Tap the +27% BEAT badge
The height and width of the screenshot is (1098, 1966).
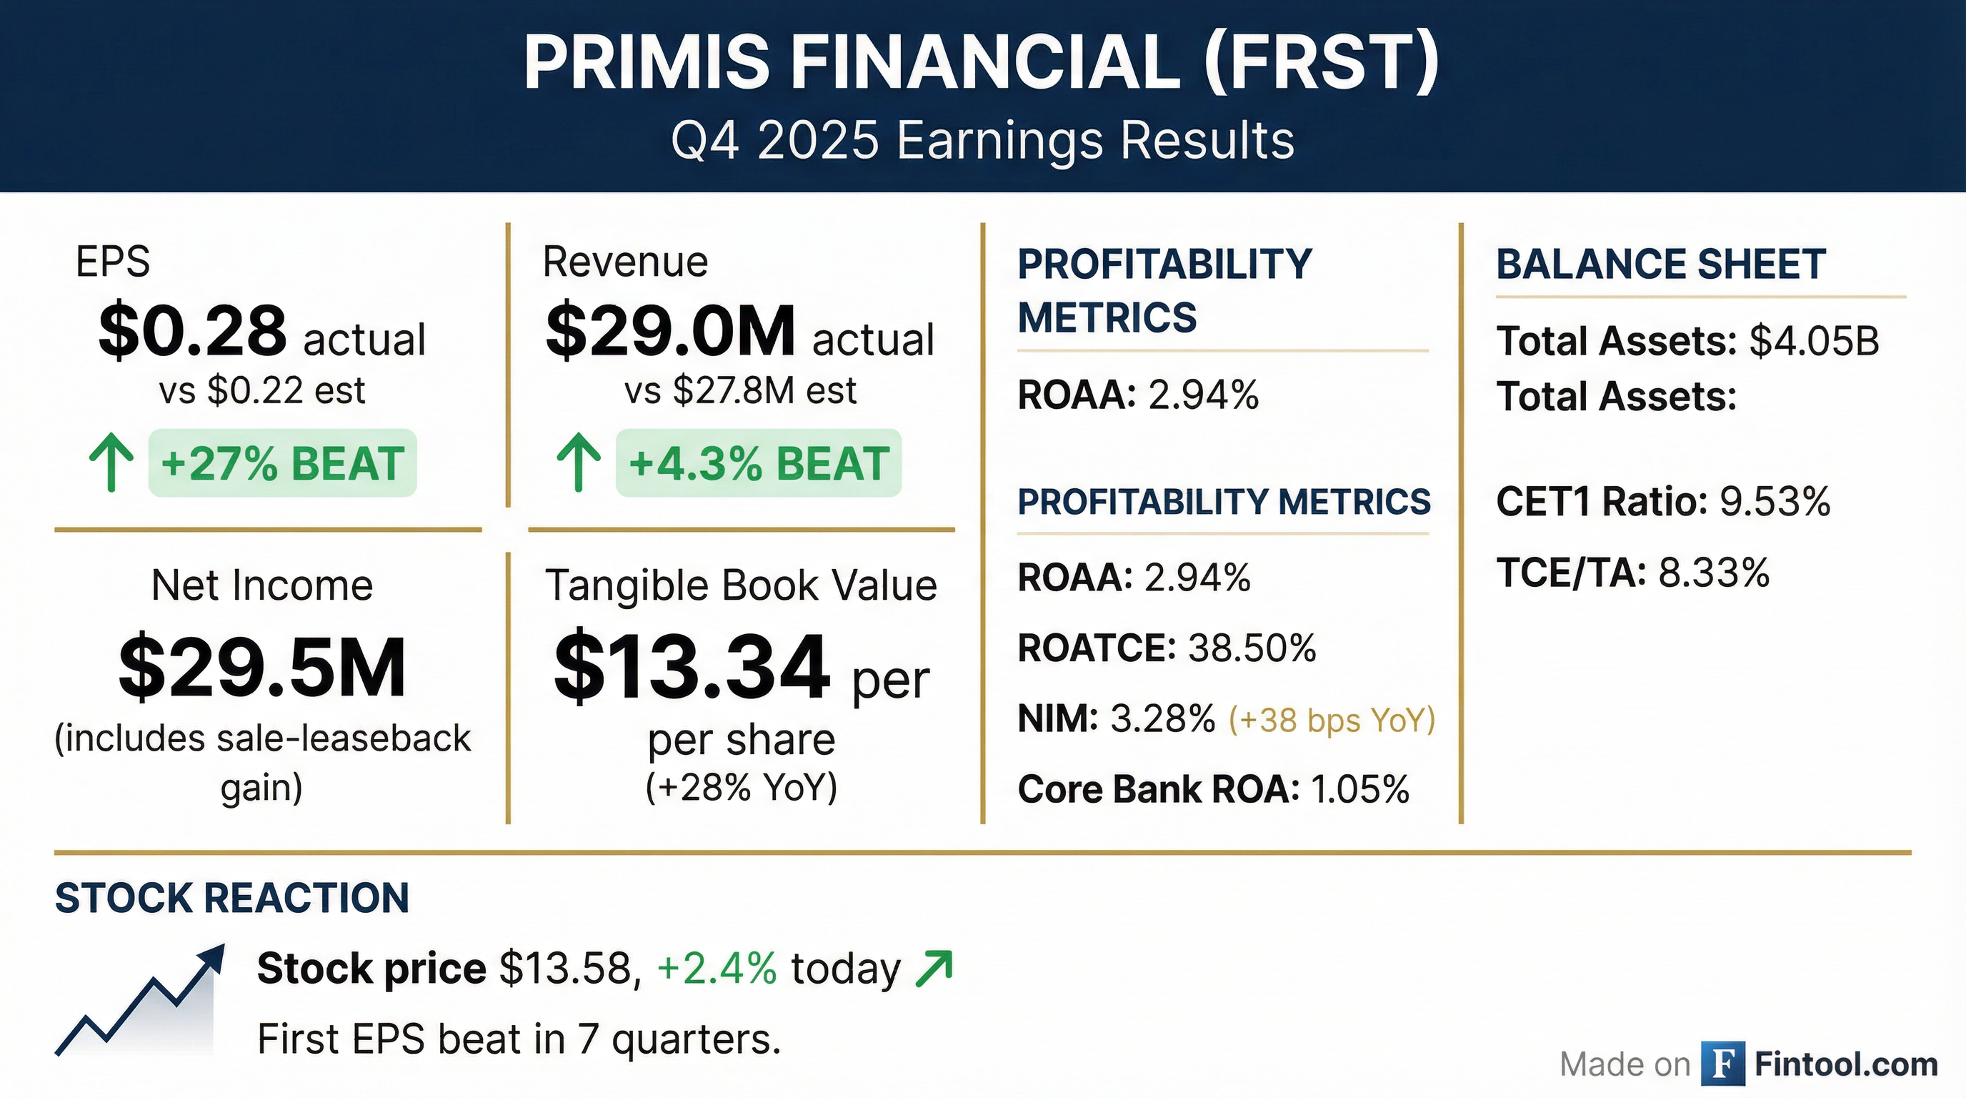coord(282,463)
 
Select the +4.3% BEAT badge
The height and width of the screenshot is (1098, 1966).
coord(758,463)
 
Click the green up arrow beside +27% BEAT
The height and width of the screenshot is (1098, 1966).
coord(111,462)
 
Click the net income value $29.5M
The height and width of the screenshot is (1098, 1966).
coord(261,668)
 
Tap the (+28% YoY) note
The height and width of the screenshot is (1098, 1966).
coord(741,787)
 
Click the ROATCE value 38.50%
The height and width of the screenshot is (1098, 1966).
coord(1252,648)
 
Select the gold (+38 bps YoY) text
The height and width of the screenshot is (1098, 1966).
coord(1332,719)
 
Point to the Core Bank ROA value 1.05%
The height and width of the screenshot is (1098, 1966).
coord(1359,789)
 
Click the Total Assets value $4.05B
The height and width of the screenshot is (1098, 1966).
coord(1813,341)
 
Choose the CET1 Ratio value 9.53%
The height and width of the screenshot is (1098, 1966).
coord(1775,502)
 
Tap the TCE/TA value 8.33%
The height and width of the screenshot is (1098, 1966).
coord(1713,573)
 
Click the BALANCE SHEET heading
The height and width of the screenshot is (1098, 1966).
coord(1661,264)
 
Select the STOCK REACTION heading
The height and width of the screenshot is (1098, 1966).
coord(232,898)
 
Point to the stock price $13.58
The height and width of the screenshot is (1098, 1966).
coord(566,969)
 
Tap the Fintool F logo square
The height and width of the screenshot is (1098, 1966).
coord(1722,1064)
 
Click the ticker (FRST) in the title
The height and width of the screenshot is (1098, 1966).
coord(1320,63)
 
